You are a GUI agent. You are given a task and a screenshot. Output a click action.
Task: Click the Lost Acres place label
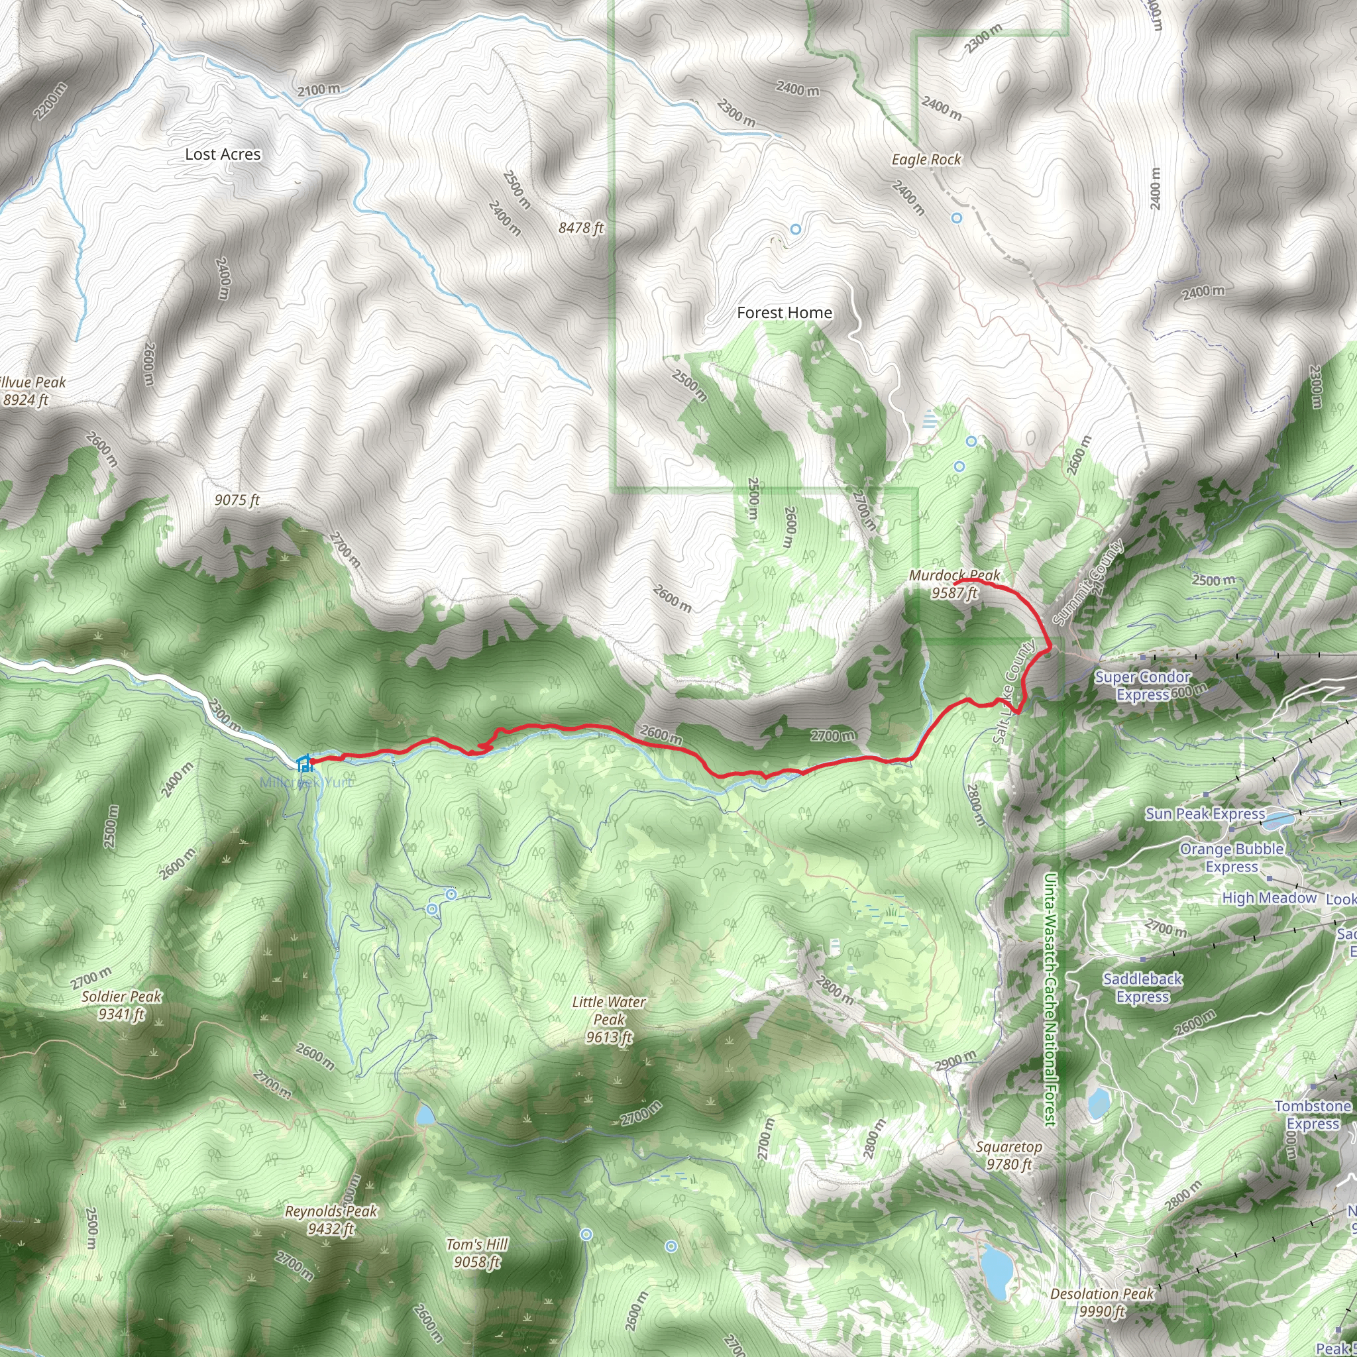223,154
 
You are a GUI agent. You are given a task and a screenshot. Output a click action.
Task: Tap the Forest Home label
784,313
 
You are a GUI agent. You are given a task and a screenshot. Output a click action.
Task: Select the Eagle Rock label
926,160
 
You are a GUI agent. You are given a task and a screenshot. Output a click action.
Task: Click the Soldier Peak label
121,1005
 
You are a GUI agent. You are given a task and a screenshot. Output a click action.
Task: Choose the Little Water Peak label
608,1020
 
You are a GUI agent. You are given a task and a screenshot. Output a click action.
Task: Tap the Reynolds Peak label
331,1220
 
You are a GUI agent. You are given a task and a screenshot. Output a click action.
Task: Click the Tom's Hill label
477,1253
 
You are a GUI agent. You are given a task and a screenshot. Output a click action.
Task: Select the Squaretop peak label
1008,1156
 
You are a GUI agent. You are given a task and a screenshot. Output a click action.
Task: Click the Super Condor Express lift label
1142,686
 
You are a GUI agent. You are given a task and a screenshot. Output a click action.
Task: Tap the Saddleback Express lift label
1142,987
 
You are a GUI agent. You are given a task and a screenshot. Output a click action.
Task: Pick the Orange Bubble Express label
1231,857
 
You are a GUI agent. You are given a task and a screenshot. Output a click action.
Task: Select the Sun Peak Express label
1205,814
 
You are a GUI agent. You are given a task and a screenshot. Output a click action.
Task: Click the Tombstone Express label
1313,1115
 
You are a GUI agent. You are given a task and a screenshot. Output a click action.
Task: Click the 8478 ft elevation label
581,229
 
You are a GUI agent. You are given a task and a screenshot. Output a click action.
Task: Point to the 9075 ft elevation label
237,500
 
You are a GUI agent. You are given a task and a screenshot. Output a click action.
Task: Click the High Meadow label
1268,898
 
